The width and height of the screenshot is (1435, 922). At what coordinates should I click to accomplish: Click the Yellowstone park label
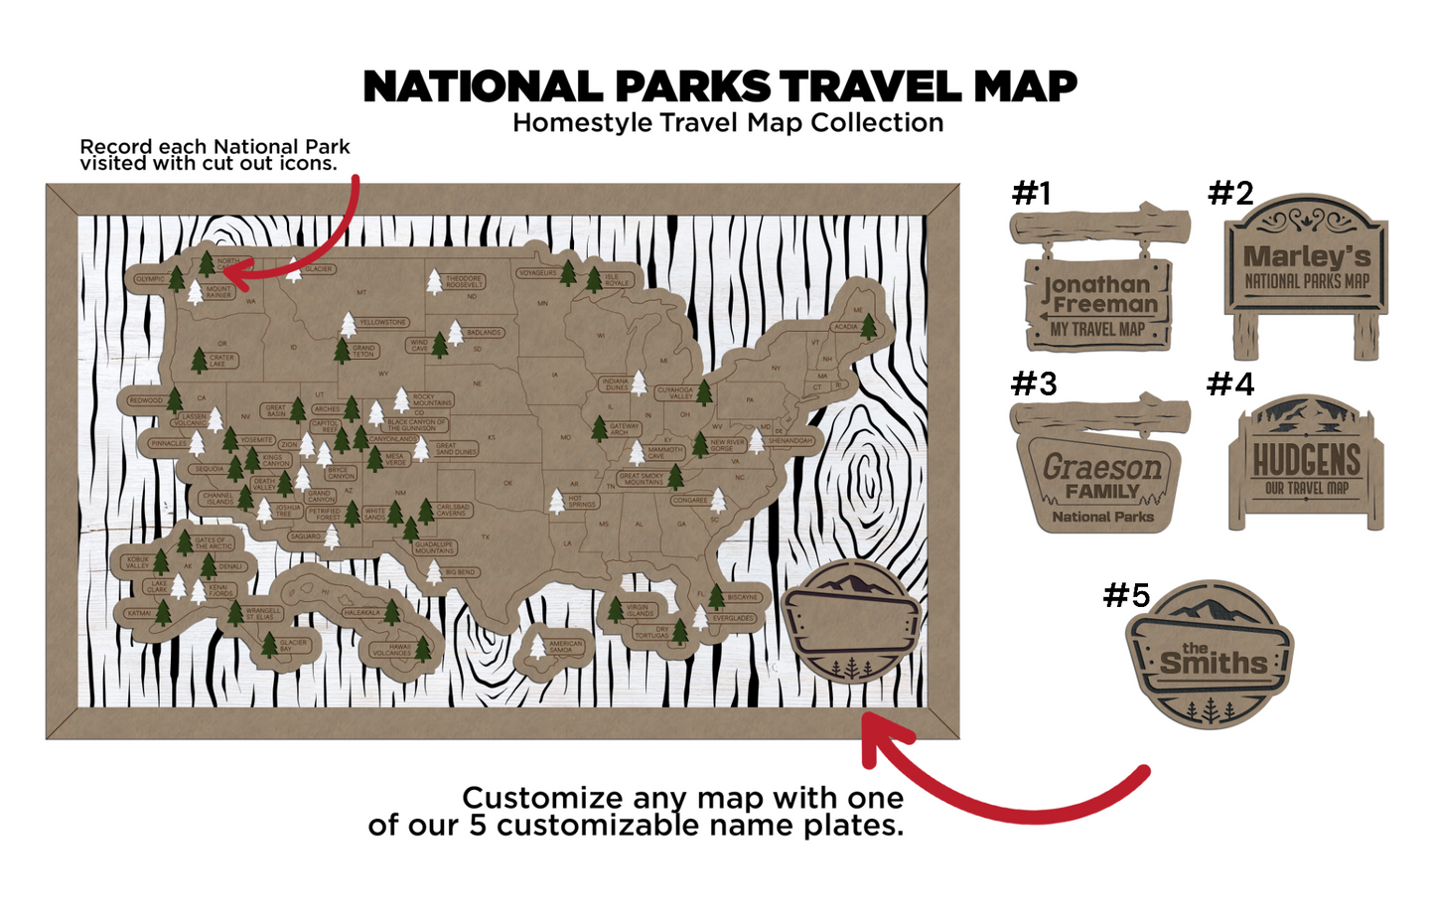click(x=383, y=322)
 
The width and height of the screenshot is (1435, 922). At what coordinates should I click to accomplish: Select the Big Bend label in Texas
click(x=460, y=572)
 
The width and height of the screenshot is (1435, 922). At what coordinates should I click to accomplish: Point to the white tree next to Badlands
click(x=455, y=332)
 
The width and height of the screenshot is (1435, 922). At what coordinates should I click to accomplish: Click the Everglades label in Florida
click(x=733, y=618)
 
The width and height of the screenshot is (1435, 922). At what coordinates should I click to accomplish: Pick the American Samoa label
click(x=565, y=646)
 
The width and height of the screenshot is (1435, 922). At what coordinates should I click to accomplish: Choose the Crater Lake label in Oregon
click(x=221, y=360)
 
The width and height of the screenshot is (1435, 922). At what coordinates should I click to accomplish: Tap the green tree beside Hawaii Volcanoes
click(x=423, y=648)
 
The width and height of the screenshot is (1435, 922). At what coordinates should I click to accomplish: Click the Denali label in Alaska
click(x=230, y=566)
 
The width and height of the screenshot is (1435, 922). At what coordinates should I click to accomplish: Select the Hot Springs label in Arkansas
click(x=582, y=502)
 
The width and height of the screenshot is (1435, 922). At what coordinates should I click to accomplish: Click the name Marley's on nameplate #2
click(x=1307, y=256)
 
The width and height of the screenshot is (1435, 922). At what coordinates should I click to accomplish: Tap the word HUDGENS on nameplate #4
click(x=1306, y=461)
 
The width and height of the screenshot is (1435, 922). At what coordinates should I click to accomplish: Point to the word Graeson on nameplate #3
click(x=1101, y=466)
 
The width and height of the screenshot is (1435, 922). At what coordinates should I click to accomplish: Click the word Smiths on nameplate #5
click(x=1214, y=663)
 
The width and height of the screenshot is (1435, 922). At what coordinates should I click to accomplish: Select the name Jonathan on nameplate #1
click(x=1096, y=284)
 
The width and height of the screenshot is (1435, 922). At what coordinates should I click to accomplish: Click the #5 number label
click(x=1126, y=595)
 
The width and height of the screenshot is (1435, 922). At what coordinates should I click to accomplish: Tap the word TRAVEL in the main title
click(x=866, y=87)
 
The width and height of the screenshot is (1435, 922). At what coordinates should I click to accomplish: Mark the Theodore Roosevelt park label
click(x=464, y=281)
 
